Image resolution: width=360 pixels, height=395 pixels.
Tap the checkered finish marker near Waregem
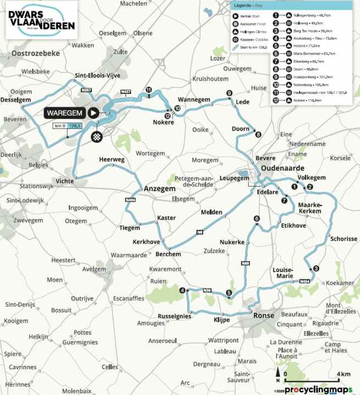(97, 137)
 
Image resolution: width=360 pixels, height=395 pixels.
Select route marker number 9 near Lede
(229, 93)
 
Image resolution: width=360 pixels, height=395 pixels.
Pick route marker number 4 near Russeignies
(182, 290)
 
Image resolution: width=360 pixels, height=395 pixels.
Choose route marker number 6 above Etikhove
(256, 219)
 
